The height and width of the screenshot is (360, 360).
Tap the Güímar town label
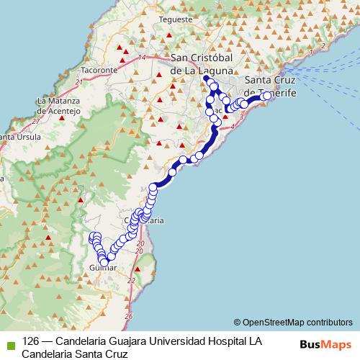pyautogui.click(x=102, y=268)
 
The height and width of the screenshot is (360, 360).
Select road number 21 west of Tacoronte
pyautogui.click(x=77, y=86)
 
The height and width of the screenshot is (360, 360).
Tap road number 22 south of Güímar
pyautogui.click(x=131, y=280)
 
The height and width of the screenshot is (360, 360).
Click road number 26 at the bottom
pyautogui.click(x=128, y=315)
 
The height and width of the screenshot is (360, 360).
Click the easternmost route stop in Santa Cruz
pyautogui.click(x=266, y=95)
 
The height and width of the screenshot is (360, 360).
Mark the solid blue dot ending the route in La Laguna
pyautogui.click(x=206, y=78)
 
